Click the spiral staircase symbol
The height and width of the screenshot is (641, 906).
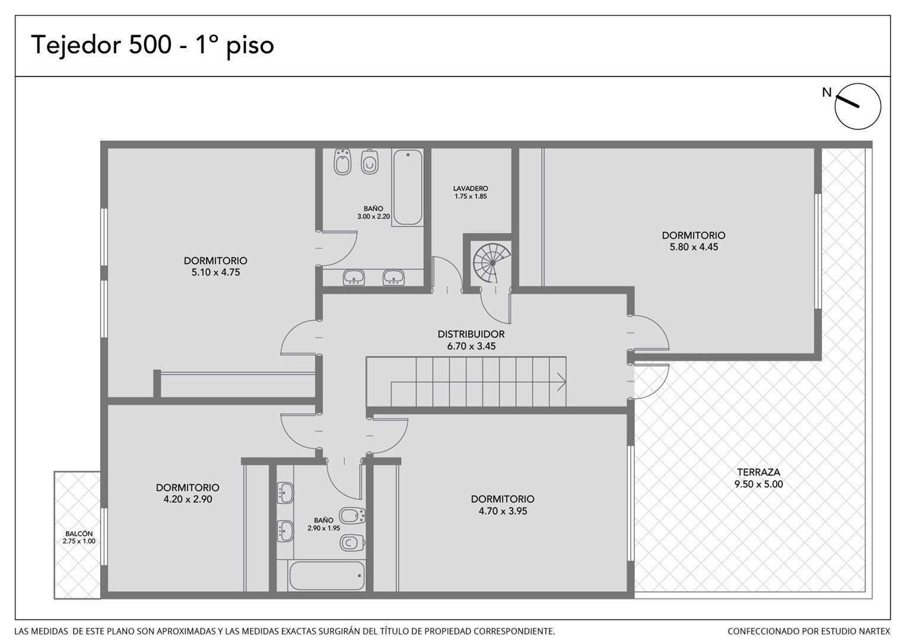492,263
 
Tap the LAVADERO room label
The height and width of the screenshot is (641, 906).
471,189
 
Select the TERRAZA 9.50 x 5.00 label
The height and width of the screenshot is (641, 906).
759,478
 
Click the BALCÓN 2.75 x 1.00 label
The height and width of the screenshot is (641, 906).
79,537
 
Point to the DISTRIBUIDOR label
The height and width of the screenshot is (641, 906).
471,334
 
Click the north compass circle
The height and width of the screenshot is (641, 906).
857,106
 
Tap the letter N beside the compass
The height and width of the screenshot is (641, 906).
826,93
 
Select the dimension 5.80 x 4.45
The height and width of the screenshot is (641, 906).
694,247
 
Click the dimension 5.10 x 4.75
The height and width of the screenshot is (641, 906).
215,272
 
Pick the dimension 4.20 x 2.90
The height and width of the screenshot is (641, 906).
187,499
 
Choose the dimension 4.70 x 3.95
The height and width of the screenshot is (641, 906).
503,511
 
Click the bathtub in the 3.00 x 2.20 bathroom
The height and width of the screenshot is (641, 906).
408,188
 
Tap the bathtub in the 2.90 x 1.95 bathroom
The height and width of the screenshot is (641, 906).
327,576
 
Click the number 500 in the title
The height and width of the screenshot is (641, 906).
150,45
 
